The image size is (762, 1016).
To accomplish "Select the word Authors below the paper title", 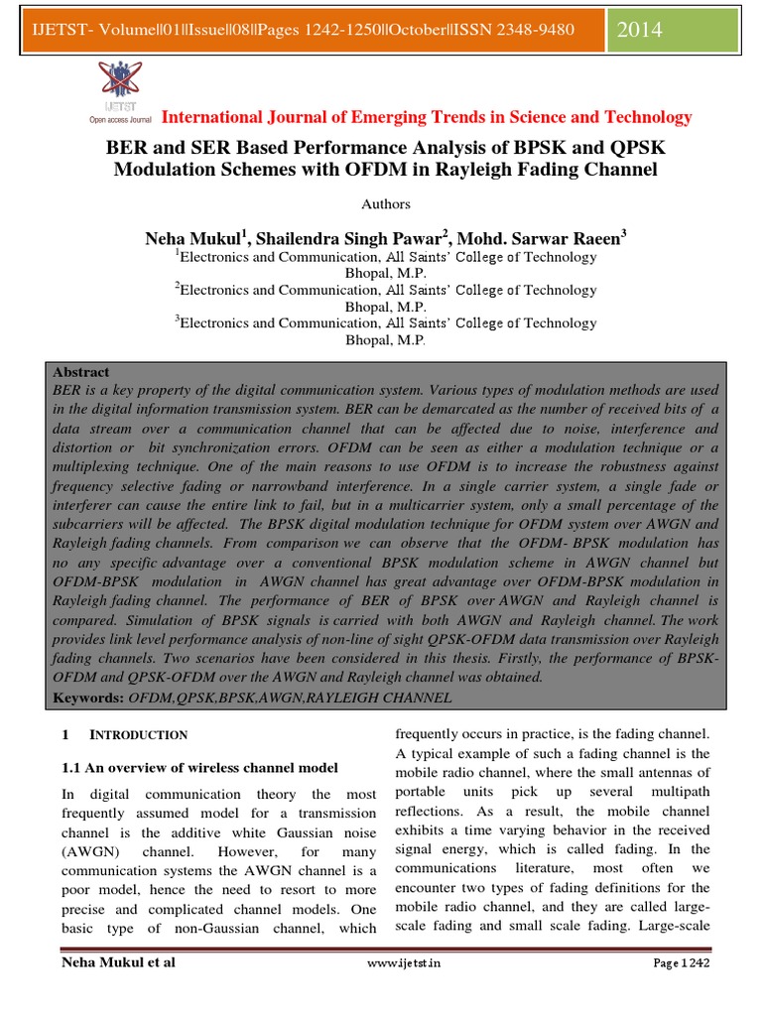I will click(385, 204).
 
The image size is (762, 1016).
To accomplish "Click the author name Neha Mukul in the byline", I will click(193, 238).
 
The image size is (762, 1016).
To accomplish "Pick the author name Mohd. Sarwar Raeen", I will click(535, 238).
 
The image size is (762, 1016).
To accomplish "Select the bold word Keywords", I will click(87, 698).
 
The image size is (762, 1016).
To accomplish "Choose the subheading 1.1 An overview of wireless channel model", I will click(200, 767).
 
